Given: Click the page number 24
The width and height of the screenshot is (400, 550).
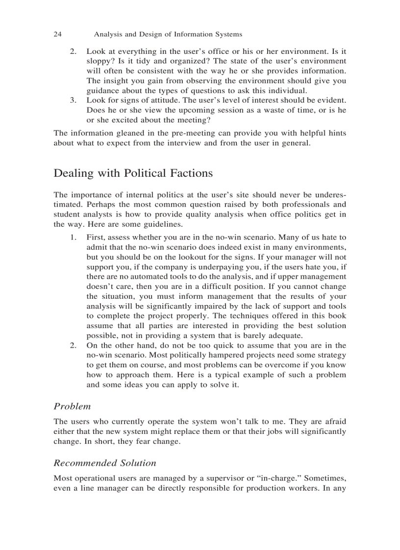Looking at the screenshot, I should (x=57, y=34).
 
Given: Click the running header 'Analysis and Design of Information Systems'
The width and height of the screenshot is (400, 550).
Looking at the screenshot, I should (x=168, y=34).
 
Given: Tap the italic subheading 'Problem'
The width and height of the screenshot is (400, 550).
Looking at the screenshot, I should (x=72, y=406).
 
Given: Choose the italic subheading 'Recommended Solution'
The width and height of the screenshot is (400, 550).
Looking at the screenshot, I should (x=105, y=463).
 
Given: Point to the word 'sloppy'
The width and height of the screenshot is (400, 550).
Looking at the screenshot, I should (x=98, y=61).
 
